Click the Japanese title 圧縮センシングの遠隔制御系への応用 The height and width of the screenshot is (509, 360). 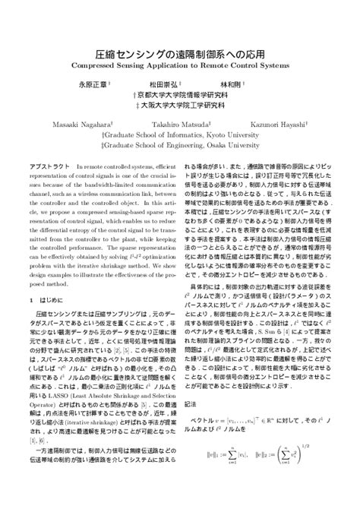[179, 55]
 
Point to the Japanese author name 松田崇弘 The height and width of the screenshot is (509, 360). [163, 86]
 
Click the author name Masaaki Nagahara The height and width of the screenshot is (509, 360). [81, 122]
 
